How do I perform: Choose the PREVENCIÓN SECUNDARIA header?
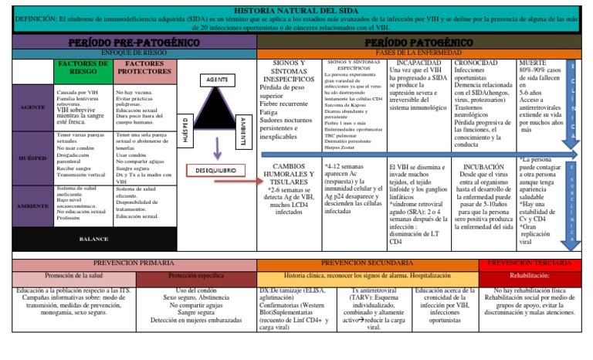tap(368, 264)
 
